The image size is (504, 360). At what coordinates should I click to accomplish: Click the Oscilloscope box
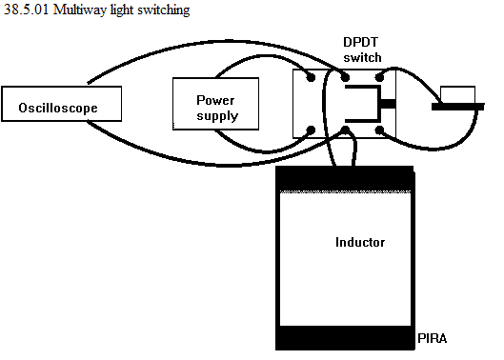click(61, 104)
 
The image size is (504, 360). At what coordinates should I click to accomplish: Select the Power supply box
click(215, 104)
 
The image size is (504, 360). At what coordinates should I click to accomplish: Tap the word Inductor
click(360, 242)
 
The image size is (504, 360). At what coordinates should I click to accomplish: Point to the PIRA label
click(432, 338)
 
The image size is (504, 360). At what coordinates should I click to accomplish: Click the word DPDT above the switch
click(361, 42)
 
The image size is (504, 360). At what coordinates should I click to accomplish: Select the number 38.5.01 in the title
click(27, 10)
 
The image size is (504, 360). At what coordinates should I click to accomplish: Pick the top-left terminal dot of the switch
click(311, 77)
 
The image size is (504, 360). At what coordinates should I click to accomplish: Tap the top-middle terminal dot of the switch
click(345, 77)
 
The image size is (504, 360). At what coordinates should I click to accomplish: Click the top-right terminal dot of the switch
click(379, 77)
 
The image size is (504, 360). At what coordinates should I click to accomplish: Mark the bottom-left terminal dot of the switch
click(311, 130)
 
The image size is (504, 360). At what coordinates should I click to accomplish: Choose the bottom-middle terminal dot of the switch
click(345, 130)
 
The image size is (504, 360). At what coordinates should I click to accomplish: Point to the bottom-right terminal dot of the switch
click(379, 130)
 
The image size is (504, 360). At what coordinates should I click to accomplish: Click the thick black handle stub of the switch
click(389, 104)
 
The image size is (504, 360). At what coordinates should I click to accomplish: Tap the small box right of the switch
click(457, 95)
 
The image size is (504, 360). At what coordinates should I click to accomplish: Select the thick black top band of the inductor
click(345, 179)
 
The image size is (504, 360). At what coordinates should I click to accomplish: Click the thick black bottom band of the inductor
click(345, 337)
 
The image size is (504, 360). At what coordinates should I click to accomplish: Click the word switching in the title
click(164, 10)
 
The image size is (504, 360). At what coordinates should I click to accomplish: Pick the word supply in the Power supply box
click(217, 116)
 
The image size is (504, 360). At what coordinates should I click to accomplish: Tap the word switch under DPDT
click(362, 57)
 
